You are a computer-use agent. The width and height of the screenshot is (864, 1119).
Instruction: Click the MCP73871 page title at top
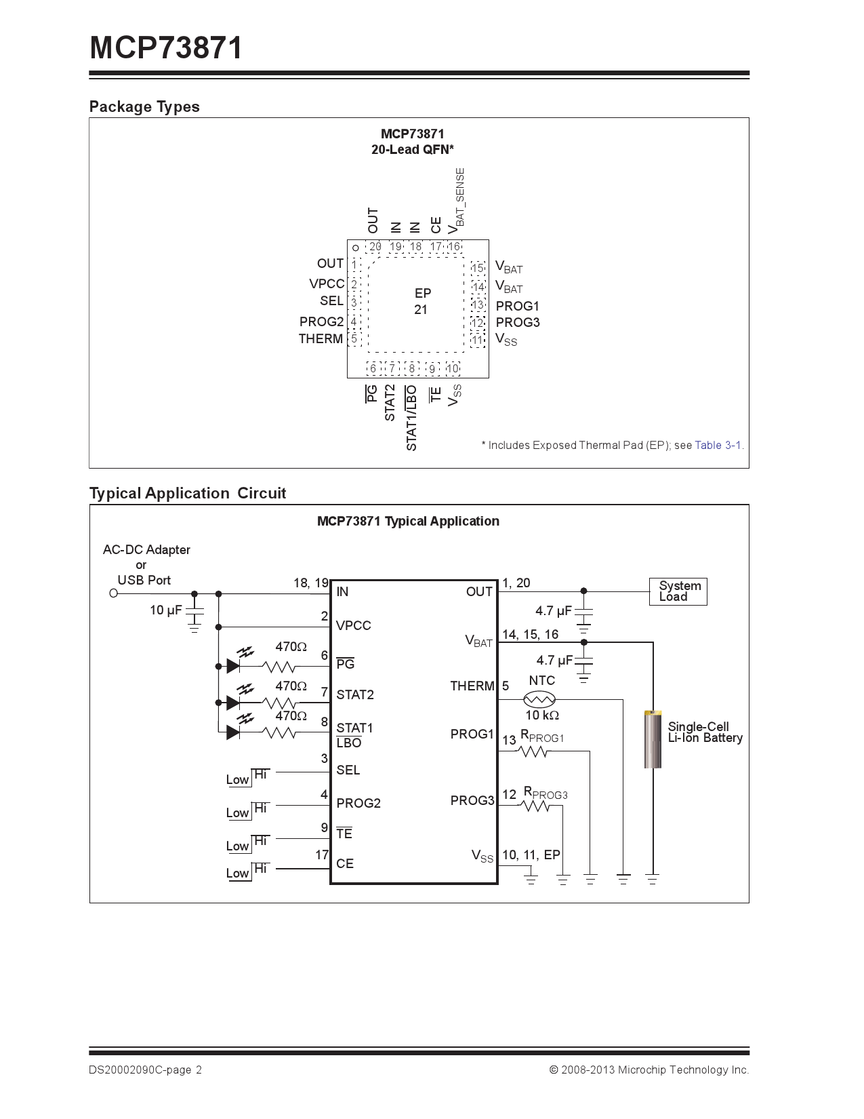[x=166, y=47]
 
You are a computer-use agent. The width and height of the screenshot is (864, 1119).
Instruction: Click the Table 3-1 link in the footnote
[x=718, y=446]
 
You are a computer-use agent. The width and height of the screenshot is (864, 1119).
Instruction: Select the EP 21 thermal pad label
[x=421, y=302]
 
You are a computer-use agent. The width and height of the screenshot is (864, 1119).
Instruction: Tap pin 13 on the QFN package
[x=478, y=305]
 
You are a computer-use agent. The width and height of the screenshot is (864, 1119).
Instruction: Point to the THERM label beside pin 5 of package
[x=321, y=339]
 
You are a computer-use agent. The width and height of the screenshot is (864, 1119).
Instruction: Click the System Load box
[x=678, y=591]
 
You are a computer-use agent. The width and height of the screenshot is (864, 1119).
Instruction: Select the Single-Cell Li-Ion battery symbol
[x=653, y=739]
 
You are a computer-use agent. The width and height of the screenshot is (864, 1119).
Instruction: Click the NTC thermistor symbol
[x=540, y=699]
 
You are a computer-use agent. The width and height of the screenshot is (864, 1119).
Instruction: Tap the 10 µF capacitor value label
[x=166, y=610]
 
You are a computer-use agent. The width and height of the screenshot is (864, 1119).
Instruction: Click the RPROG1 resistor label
[x=542, y=737]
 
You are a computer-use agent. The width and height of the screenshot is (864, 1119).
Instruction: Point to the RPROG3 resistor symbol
[x=535, y=806]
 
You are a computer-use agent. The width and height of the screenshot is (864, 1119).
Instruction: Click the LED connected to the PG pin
[x=234, y=666]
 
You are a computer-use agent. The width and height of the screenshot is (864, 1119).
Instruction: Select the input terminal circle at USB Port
[x=114, y=593]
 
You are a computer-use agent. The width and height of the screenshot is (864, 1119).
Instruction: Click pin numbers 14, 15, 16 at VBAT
[x=530, y=635]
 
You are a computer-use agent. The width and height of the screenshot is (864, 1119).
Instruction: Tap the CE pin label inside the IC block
[x=345, y=864]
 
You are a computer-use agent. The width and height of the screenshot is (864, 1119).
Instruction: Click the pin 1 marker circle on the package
[x=356, y=248]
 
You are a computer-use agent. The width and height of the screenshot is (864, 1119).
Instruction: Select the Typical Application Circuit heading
[x=188, y=493]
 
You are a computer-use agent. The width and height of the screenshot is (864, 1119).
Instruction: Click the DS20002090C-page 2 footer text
[x=145, y=1070]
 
